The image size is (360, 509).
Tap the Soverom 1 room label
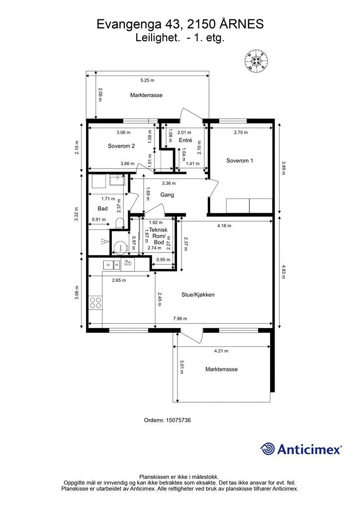(240, 161)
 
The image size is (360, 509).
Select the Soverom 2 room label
(121, 146)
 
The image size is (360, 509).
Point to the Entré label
(185, 140)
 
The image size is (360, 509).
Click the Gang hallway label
(167, 195)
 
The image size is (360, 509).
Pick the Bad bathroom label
(102, 208)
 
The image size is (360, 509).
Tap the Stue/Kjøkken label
(198, 295)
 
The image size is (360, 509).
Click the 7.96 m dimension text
(180, 319)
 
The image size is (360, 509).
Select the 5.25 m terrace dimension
(147, 80)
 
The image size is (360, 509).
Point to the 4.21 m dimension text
(221, 351)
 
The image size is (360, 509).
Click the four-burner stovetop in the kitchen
(95, 303)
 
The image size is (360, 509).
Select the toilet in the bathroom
(120, 223)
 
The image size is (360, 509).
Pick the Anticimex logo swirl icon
(268, 449)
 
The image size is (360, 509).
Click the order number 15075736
(178, 420)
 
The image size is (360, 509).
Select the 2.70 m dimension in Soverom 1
(241, 132)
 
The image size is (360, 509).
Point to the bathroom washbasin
(117, 180)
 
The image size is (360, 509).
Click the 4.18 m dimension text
(224, 226)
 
